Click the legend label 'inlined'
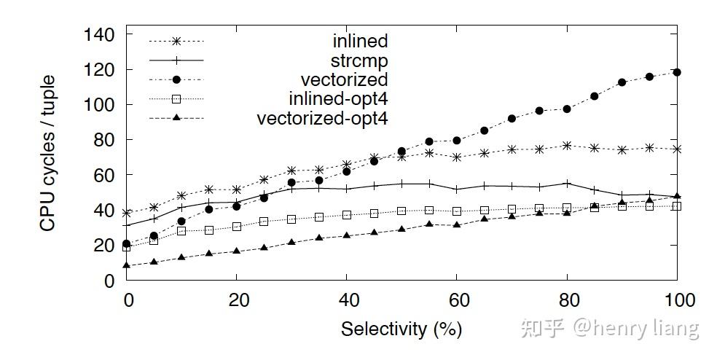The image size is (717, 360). coord(360,41)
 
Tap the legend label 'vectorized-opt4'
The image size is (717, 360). coord(323,118)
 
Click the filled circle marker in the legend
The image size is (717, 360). coord(176,79)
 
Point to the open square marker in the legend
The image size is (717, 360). coord(176,98)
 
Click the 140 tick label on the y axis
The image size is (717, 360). coord(98,35)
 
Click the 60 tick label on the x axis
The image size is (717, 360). coord(457,300)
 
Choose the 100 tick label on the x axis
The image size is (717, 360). coord(677,300)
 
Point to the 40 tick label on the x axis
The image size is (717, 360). coord(346,300)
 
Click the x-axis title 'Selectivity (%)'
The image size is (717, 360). coord(401,329)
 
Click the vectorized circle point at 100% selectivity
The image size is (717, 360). coord(677,72)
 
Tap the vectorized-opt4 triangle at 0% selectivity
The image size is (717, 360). coord(127,265)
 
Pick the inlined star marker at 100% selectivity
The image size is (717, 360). coord(677,149)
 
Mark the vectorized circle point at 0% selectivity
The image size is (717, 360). coord(127,243)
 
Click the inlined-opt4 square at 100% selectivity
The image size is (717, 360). coord(677,206)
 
